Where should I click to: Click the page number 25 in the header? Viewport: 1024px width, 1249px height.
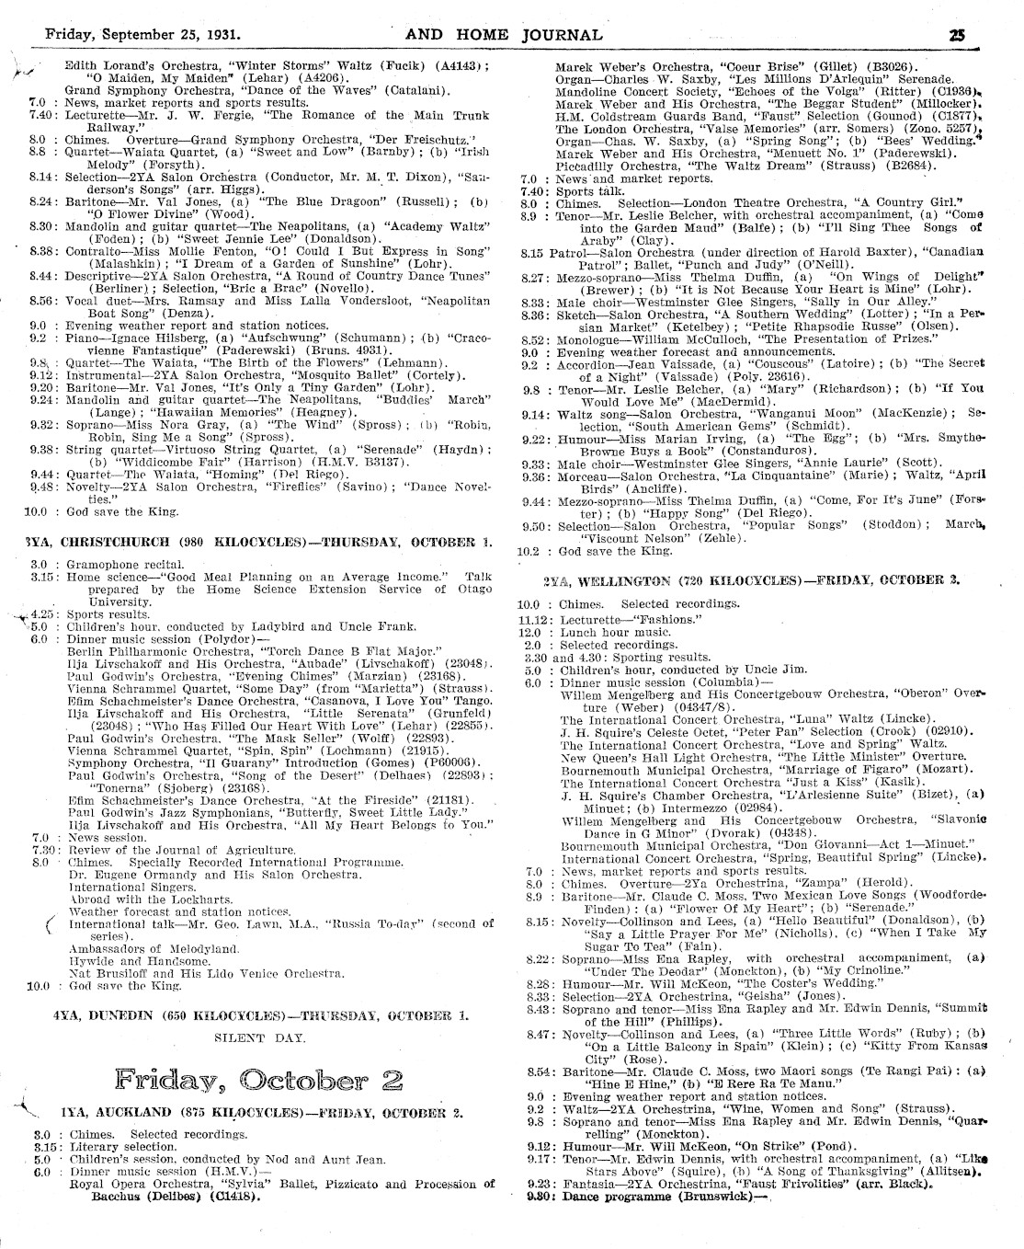point(958,36)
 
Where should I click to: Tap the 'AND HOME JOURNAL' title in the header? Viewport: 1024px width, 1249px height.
point(504,36)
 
